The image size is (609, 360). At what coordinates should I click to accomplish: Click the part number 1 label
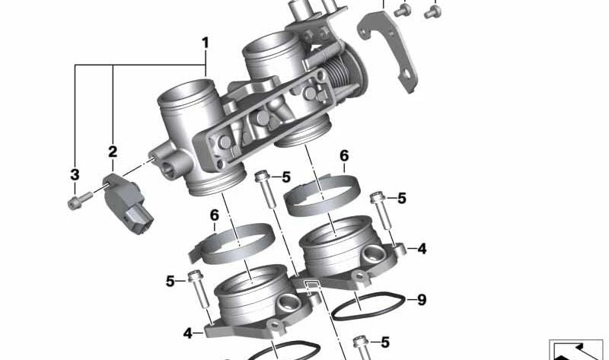(205, 41)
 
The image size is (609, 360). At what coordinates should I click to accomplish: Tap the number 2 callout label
(113, 151)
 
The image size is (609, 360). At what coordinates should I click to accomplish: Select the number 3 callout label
(75, 175)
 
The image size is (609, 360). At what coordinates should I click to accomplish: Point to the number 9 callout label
(422, 300)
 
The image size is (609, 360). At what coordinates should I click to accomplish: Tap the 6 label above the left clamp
(214, 215)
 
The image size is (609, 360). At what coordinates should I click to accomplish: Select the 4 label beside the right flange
(422, 249)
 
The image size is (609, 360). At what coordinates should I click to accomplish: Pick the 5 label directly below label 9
(384, 342)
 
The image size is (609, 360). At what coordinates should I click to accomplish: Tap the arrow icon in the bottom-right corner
(579, 349)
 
